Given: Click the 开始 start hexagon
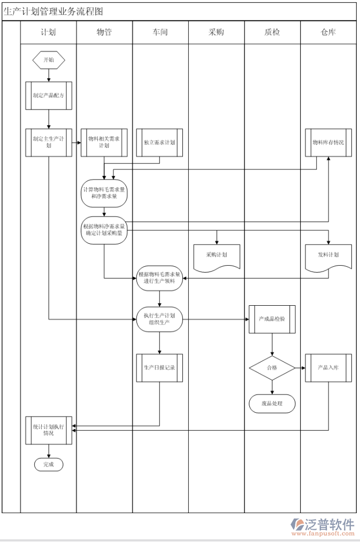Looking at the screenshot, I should point(49,60).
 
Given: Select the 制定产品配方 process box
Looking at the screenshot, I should point(49,96).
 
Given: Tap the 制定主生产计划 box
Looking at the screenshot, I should point(49,142).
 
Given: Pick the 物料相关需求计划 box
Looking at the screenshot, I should point(104,142).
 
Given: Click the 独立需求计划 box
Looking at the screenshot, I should point(159,142).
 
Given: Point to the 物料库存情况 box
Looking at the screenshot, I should point(328,142).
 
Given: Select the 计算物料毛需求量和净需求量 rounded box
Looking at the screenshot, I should point(104,193).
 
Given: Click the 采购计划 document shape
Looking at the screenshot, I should point(217,256).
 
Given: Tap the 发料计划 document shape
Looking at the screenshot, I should point(328,256).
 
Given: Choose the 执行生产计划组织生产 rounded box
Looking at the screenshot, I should point(159,319).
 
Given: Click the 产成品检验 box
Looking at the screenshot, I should point(272,319).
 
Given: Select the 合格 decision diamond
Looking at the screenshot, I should point(272,368).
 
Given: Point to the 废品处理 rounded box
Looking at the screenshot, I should point(272,404).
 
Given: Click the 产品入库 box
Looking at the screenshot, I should point(328,368).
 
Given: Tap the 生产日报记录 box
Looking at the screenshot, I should point(159,368).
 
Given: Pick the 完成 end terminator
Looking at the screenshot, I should point(49,464).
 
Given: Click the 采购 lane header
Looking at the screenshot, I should point(217,32).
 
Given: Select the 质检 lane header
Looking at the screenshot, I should point(272,32).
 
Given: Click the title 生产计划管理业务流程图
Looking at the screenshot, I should point(53,11).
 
